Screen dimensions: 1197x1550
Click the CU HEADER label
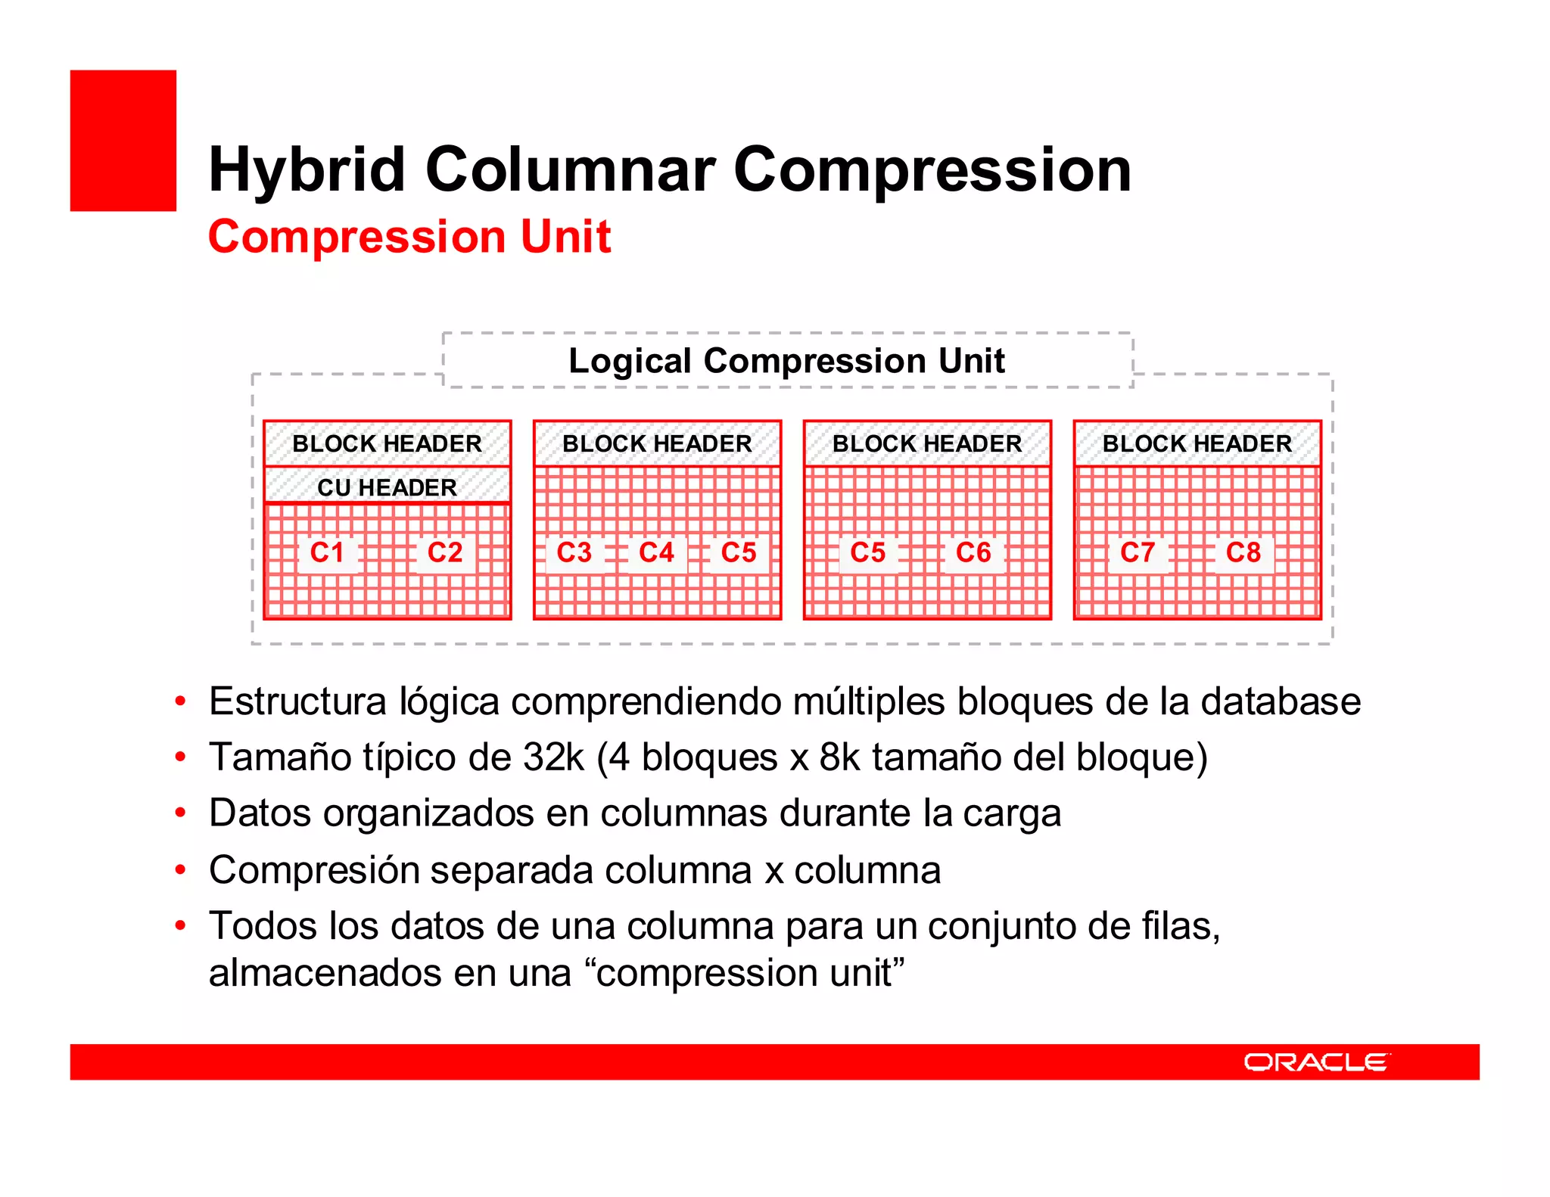pos(387,487)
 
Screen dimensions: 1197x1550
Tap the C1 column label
pos(327,552)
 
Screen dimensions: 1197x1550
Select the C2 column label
pos(445,552)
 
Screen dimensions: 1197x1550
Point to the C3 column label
pos(574,552)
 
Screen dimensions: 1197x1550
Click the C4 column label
pos(656,552)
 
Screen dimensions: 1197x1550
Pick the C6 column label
pos(973,552)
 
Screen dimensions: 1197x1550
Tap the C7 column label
pos(1138,552)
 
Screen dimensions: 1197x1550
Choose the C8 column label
pos(1243,552)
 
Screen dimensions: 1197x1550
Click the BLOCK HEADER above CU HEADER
pos(387,443)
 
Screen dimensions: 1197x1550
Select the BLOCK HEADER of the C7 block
pos(1197,443)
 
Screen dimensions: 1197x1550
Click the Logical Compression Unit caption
pos(787,361)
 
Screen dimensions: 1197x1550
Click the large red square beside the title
pos(123,141)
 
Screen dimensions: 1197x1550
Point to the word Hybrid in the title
pos(307,170)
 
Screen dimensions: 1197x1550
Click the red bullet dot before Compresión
pos(180,870)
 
